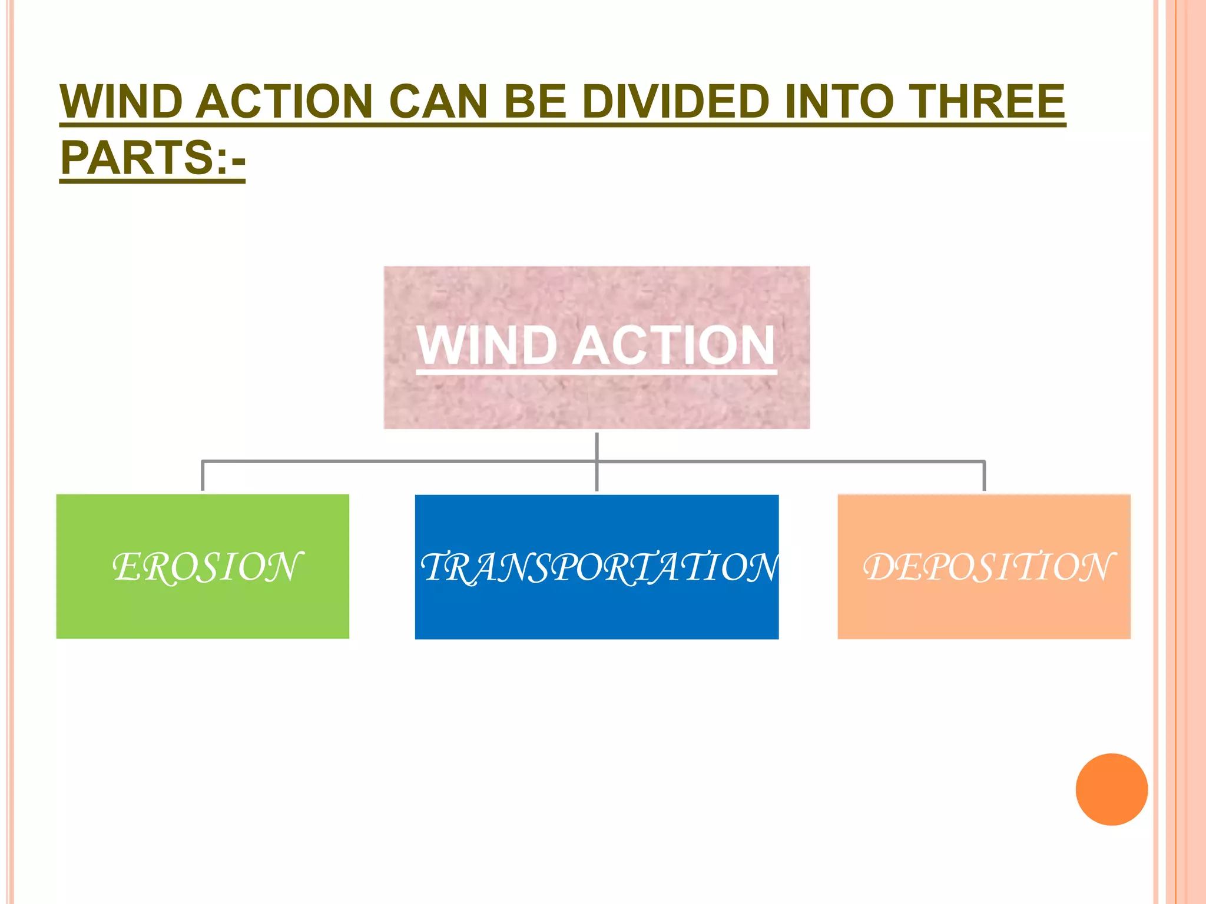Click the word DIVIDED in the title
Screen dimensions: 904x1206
[675, 101]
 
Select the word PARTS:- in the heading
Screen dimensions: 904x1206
[153, 158]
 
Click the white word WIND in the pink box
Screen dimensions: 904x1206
[486, 346]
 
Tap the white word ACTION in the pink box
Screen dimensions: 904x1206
[674, 346]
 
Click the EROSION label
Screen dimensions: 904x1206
[207, 567]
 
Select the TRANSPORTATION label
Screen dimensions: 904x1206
[598, 567]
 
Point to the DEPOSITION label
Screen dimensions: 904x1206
[988, 567]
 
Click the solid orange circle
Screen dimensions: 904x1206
[1111, 789]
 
